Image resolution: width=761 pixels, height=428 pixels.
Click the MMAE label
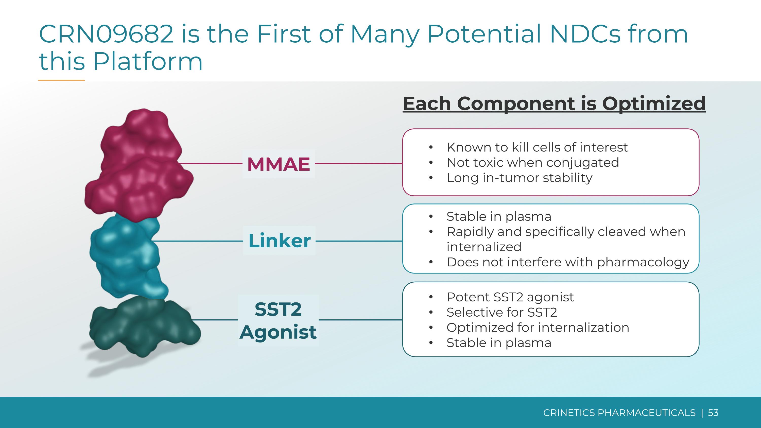tap(279, 164)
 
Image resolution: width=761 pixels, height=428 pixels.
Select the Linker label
tap(279, 241)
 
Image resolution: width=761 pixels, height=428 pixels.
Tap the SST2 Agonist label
tap(278, 320)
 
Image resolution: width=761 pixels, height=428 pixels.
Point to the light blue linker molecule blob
tap(127, 254)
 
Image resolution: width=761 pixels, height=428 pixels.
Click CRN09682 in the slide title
tap(106, 34)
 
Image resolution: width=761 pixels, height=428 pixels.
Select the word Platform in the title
tap(148, 61)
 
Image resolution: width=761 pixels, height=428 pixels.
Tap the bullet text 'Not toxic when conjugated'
tap(533, 162)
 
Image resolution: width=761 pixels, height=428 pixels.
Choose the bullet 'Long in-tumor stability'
tap(519, 178)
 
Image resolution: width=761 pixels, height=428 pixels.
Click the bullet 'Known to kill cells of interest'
tap(537, 147)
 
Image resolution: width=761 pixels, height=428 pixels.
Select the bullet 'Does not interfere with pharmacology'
tap(568, 262)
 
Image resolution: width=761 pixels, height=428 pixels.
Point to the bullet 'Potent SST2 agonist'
tap(510, 297)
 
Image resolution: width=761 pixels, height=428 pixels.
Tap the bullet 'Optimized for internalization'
tap(538, 327)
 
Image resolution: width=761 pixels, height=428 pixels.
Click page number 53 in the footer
tap(713, 413)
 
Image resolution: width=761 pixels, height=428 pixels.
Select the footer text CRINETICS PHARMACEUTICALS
tap(619, 413)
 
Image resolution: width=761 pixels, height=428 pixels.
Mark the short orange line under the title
tap(61, 80)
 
